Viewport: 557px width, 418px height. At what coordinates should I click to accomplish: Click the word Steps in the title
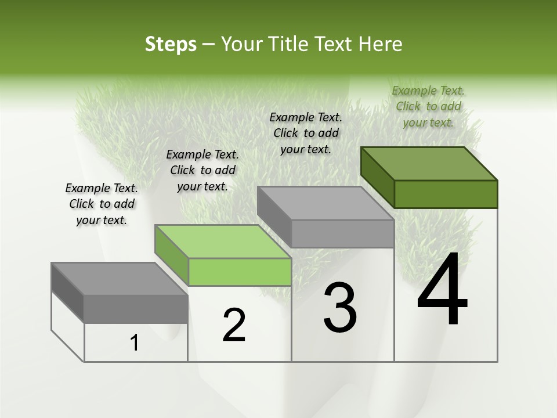170,44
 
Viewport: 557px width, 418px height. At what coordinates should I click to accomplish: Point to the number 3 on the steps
339,308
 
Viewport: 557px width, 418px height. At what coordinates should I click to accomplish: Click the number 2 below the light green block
234,325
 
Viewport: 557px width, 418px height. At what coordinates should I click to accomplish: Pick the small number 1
135,343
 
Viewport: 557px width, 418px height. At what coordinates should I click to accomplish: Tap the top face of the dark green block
429,163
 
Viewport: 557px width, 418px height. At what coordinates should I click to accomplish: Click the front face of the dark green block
446,194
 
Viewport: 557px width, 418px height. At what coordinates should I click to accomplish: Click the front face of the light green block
240,272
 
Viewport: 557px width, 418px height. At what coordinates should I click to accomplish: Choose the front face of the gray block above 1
136,309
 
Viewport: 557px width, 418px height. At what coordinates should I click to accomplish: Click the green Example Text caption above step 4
428,106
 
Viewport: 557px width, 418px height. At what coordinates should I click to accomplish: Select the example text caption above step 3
306,133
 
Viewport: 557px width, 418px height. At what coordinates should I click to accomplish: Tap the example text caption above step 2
202,170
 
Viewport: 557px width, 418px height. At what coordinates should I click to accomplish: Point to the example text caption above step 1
102,204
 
